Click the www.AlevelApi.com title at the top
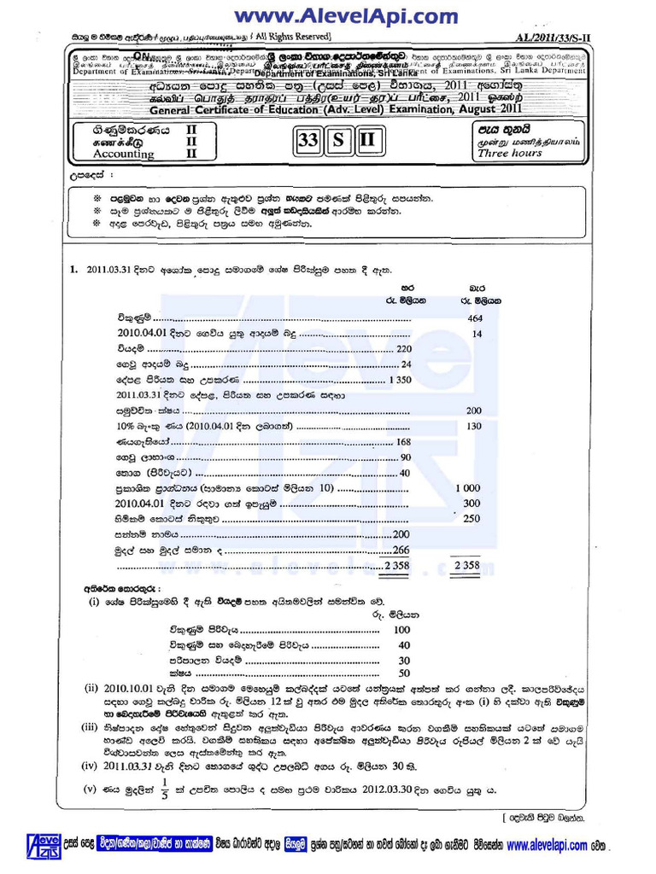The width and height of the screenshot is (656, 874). [x=346, y=15]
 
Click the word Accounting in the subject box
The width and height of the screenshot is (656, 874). [x=101, y=154]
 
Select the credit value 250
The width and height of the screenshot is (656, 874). [x=471, y=518]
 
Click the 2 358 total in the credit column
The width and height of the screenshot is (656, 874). [x=468, y=565]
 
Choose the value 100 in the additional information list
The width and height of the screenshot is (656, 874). [x=401, y=629]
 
